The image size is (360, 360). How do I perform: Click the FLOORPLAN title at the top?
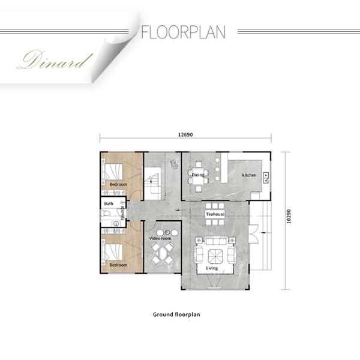(183, 32)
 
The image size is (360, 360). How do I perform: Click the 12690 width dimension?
(185, 134)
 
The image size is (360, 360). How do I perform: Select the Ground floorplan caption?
(176, 314)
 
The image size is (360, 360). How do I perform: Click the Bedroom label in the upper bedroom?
(118, 184)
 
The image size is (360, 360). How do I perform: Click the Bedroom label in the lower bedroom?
(118, 265)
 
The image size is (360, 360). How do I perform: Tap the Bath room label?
(109, 204)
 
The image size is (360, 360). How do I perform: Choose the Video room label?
(160, 238)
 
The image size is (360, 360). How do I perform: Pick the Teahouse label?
(215, 214)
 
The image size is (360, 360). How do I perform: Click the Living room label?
(212, 268)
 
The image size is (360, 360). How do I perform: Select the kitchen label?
(249, 175)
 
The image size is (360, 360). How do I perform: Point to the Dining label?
(198, 175)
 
